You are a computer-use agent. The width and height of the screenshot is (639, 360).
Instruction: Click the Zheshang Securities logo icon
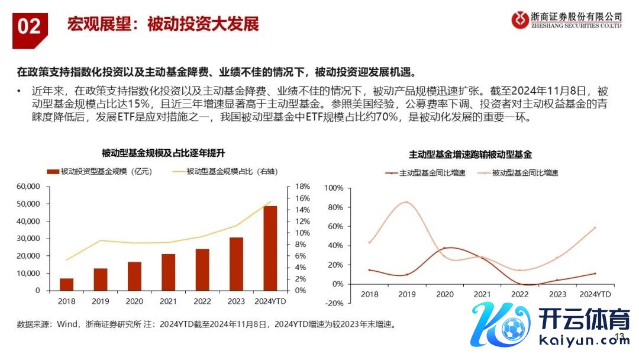pos(520,20)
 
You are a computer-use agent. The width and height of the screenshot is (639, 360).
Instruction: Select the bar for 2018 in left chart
pos(67,284)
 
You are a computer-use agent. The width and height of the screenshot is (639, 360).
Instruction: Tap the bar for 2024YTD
pos(270,248)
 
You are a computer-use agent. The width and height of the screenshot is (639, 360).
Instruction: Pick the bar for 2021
pos(169,272)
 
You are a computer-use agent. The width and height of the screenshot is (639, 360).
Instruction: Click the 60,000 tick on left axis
pos(28,187)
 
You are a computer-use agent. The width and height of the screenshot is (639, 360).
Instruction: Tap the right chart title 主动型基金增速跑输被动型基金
pos(470,155)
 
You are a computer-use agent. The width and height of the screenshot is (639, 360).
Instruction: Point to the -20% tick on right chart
pos(335,303)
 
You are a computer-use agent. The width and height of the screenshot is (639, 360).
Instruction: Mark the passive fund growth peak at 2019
pos(406,202)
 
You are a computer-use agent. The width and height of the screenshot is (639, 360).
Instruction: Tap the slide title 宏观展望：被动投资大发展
pos(163,25)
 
